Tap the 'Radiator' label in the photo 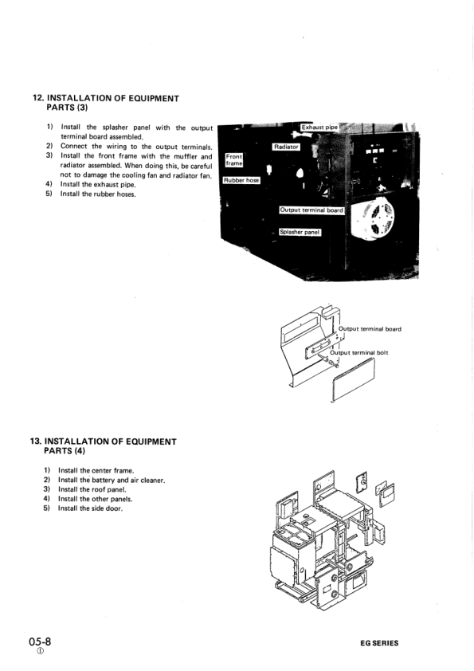pos(285,147)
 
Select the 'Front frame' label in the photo pos(234,160)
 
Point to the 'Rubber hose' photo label pos(241,181)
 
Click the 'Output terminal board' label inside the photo pos(311,210)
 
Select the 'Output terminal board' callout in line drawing pos(370,329)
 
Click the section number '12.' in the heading pos(37,98)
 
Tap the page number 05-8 pos(41,641)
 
